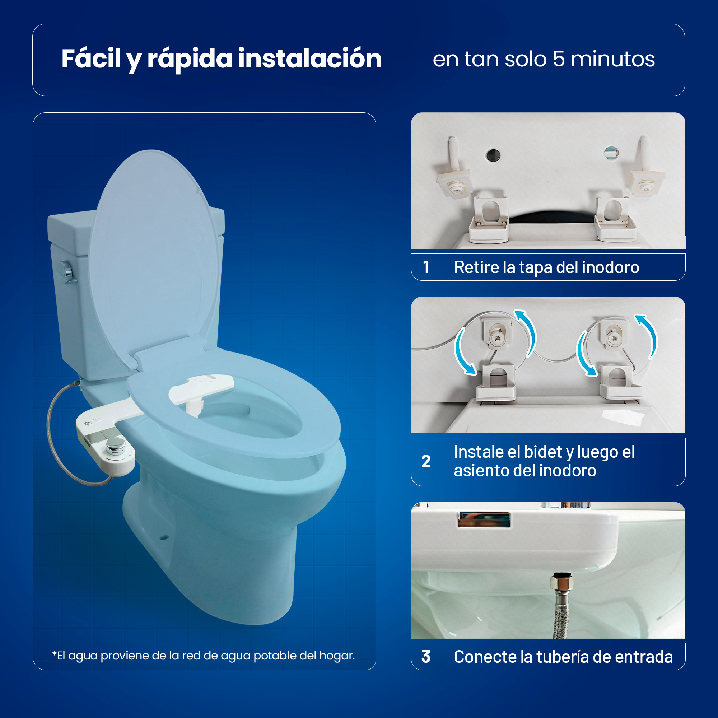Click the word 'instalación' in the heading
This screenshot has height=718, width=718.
pyautogui.click(x=309, y=59)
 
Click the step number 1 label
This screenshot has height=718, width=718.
pyautogui.click(x=426, y=267)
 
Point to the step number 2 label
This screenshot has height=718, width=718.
pyautogui.click(x=426, y=461)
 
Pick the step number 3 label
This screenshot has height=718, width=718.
pyautogui.click(x=426, y=657)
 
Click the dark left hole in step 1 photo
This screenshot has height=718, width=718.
pyautogui.click(x=493, y=155)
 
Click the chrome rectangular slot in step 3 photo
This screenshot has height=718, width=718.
pyautogui.click(x=484, y=519)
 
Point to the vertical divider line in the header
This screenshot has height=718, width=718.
pyautogui.click(x=407, y=60)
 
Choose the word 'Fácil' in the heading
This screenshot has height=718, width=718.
pyautogui.click(x=91, y=59)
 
